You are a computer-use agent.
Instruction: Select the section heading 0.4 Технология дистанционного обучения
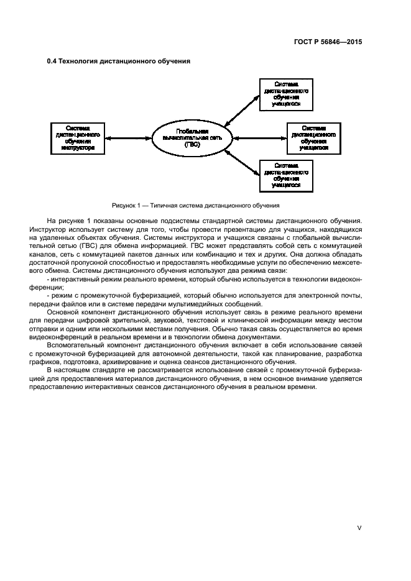point(118,61)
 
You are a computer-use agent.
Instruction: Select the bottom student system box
point(285,176)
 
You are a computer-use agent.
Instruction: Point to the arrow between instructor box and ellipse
point(127,138)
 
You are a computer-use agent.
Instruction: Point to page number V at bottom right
point(359,527)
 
